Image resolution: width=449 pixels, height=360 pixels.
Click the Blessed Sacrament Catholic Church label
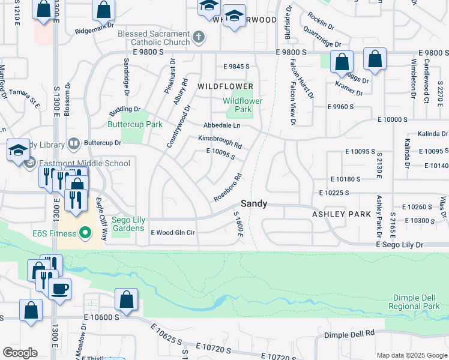[x=154, y=38]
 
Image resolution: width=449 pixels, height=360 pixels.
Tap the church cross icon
[x=199, y=38]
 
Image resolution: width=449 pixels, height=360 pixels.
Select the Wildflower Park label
[x=243, y=105]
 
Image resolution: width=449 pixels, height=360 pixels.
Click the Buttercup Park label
[x=135, y=125]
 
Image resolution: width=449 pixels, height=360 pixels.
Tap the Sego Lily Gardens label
[x=127, y=224]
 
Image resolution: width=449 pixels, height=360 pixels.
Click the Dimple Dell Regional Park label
[x=414, y=302]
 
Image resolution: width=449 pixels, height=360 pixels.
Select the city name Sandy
[x=254, y=204]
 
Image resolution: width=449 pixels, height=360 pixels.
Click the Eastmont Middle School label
[x=84, y=163]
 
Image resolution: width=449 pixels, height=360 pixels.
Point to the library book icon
[x=73, y=143]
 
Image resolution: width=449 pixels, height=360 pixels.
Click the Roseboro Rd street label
[x=228, y=188]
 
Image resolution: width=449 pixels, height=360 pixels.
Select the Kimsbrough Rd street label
[x=220, y=142]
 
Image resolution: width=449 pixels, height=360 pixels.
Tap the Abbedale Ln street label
[x=221, y=125]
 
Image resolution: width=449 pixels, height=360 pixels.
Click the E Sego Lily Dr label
[x=400, y=245]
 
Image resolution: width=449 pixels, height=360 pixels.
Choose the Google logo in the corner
[x=20, y=353]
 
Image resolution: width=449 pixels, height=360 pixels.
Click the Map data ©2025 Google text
[x=411, y=355]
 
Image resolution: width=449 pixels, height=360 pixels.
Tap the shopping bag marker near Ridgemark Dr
[x=103, y=10]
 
